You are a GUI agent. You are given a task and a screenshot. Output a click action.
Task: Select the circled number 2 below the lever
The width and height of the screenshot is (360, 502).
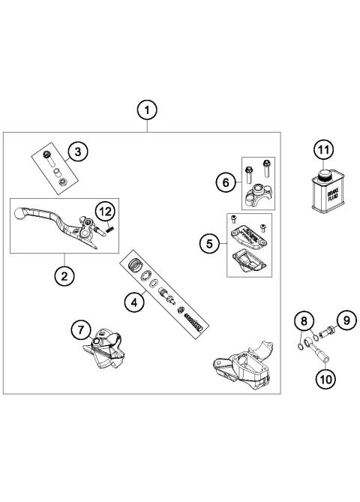tap(64, 275)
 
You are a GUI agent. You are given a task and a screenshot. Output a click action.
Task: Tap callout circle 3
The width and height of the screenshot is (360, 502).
tap(76, 152)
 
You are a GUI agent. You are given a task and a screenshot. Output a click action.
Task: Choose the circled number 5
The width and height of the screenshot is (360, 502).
tap(210, 243)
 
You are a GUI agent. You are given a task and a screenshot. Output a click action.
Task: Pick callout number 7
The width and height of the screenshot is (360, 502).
tap(81, 329)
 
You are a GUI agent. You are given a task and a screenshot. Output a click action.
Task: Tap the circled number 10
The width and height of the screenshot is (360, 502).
tap(324, 379)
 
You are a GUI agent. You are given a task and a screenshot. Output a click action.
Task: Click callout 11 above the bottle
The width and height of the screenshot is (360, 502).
tap(322, 150)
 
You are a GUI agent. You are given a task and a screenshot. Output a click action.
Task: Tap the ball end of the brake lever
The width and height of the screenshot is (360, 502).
tap(20, 215)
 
